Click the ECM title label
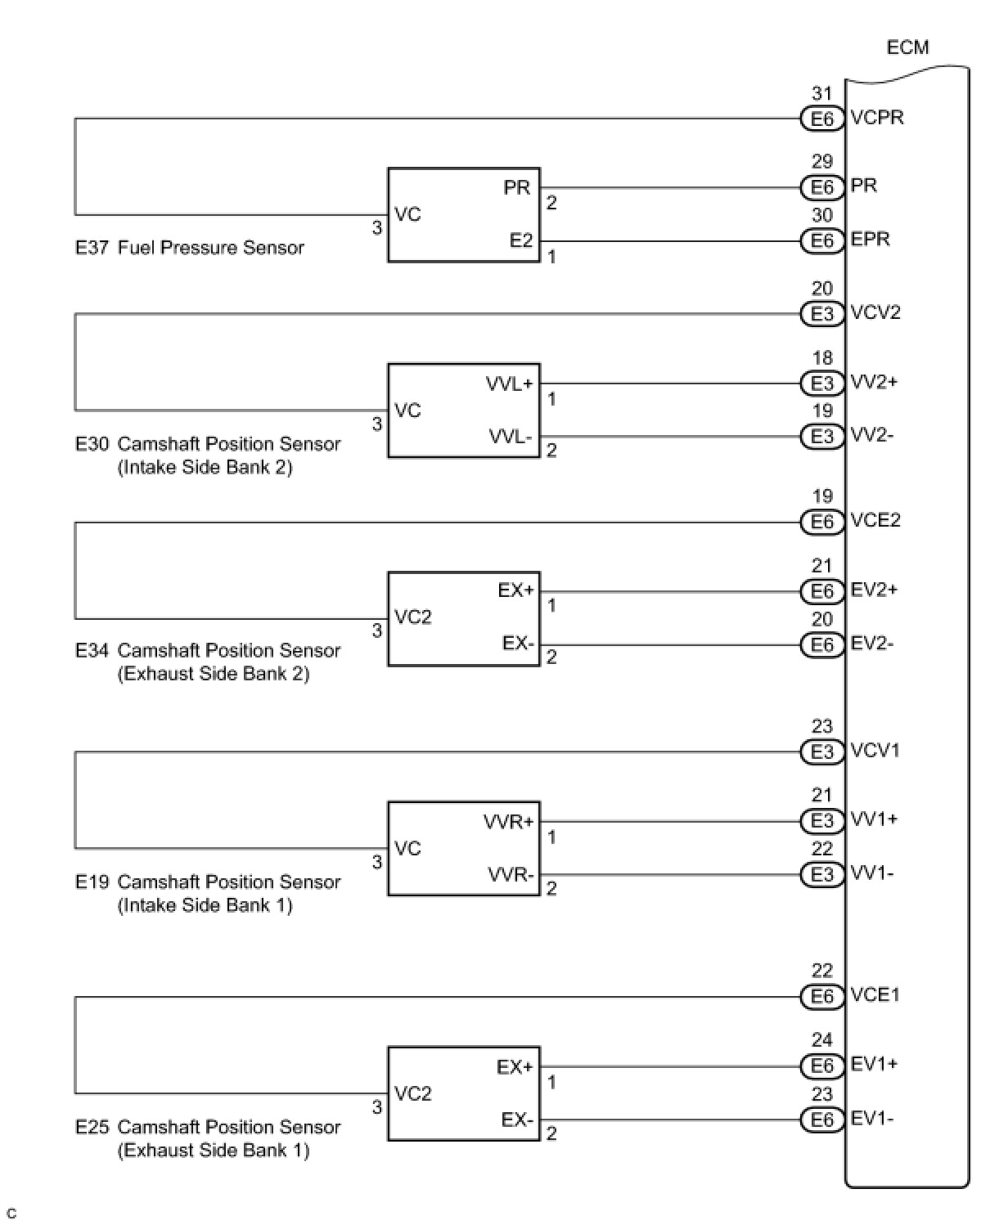(907, 47)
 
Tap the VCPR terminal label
(877, 118)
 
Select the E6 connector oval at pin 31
(821, 119)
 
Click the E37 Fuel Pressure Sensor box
(463, 215)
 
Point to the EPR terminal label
(870, 240)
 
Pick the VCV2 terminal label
(875, 313)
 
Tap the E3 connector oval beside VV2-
(821, 437)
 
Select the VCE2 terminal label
(875, 521)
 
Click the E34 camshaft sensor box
(463, 618)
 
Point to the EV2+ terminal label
(873, 590)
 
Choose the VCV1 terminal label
(875, 751)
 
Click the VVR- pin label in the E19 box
(511, 875)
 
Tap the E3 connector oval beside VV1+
(821, 820)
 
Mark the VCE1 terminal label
(875, 995)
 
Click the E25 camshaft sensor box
(463, 1093)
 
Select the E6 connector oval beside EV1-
(821, 1120)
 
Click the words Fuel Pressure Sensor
(211, 248)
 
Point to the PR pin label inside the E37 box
(517, 187)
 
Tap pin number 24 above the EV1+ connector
(821, 1040)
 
